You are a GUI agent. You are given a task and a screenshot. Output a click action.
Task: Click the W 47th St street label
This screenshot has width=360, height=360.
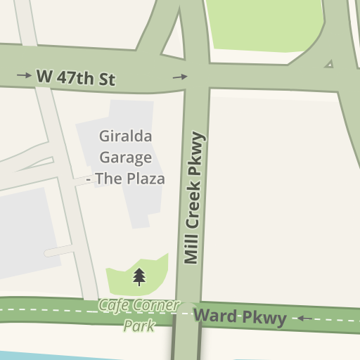75,77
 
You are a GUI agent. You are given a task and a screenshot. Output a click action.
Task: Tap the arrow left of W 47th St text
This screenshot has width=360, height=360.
24,75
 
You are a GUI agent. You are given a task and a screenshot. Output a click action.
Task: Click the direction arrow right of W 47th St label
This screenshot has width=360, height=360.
181,77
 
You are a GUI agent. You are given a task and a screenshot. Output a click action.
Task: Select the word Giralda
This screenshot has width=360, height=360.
126,136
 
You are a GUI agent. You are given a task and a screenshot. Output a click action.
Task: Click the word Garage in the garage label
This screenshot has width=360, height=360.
126,157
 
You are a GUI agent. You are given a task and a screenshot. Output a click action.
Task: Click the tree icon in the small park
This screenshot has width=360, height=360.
139,276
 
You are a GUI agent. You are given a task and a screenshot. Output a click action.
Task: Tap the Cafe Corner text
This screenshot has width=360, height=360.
139,306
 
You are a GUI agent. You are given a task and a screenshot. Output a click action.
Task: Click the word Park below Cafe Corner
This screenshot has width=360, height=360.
139,326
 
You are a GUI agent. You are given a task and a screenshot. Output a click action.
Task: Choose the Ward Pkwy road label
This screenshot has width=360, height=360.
240,317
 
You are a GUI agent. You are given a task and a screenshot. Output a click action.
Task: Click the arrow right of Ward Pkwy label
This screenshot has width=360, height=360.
304,319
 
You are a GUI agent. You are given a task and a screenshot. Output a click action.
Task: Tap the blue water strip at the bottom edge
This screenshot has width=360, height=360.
42,355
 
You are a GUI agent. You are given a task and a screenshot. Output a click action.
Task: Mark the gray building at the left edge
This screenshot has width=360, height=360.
25,232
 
